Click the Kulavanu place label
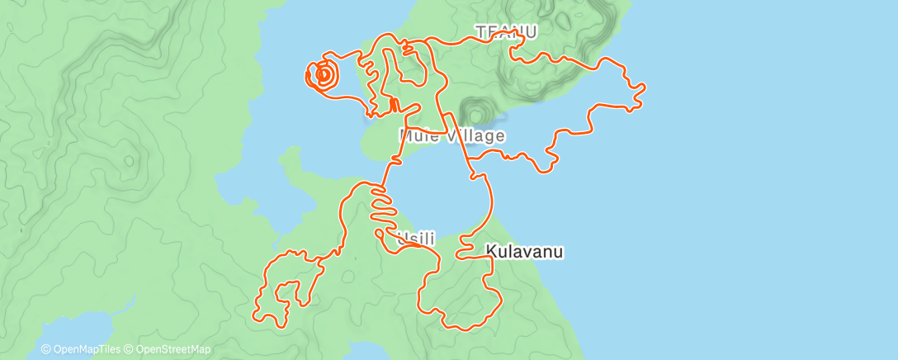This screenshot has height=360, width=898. [x=524, y=252]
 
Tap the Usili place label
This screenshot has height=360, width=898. [x=416, y=239]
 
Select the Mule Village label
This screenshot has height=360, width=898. [x=451, y=135]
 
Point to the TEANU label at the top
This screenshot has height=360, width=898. [x=506, y=32]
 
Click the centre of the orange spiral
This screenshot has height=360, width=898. [x=324, y=75]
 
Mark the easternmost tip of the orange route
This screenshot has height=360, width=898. [x=644, y=87]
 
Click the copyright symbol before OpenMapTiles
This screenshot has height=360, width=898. [x=45, y=349]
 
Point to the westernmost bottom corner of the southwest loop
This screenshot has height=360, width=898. [x=255, y=314]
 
